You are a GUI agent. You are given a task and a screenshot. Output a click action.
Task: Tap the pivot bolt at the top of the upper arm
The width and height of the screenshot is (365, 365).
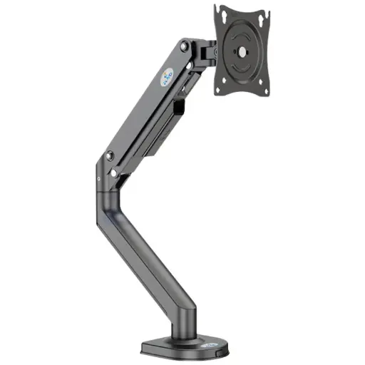(x=185, y=47)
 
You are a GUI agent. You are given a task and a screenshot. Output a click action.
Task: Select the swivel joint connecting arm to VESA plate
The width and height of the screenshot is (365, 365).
(x=207, y=51)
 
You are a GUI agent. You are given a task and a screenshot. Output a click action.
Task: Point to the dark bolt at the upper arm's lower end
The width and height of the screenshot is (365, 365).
(x=109, y=155)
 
